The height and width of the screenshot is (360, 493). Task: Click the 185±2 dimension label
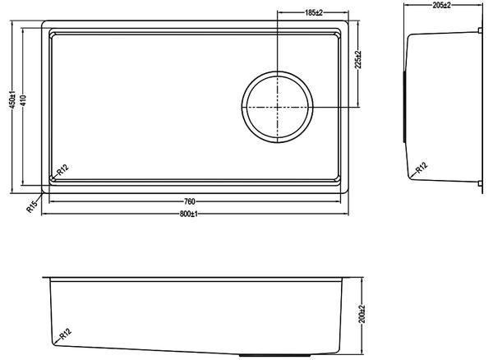tap(314, 12)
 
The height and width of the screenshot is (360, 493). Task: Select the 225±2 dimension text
tap(358, 59)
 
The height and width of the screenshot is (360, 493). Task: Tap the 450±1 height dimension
tap(12, 99)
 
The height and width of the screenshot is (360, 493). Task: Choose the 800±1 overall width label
tap(189, 215)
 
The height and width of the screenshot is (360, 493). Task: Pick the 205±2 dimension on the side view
tap(442, 5)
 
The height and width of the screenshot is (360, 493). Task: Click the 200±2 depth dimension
tap(362, 314)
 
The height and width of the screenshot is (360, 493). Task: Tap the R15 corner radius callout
tap(32, 206)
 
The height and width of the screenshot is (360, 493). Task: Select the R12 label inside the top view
tap(62, 170)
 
